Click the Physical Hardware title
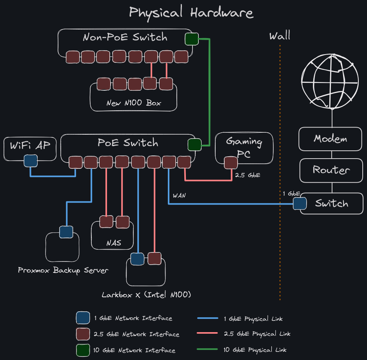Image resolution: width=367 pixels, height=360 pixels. (191, 13)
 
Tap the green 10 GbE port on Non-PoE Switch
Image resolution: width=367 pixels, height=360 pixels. (191, 39)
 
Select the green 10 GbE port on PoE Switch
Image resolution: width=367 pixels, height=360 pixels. (194, 144)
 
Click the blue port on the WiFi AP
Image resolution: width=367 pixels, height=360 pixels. (31, 161)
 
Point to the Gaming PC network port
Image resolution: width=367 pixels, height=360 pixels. (231, 163)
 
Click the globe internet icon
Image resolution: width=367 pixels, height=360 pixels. (331, 81)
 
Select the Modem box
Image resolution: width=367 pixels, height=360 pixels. (330, 139)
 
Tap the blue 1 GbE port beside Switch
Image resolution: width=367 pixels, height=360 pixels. (300, 203)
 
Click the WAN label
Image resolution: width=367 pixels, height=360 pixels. (179, 196)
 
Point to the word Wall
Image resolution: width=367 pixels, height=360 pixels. (280, 37)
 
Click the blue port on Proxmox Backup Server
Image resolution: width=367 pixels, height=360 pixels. (65, 232)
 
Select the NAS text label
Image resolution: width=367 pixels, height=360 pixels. (114, 243)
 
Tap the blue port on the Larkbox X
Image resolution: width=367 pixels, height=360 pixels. (137, 259)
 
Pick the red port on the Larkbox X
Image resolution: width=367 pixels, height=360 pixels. (154, 258)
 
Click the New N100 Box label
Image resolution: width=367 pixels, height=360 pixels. (134, 104)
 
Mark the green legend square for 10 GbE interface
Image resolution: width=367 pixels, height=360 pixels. (82, 350)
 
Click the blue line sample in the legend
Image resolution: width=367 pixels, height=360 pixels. (207, 318)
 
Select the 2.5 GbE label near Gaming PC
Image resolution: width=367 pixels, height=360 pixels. (247, 175)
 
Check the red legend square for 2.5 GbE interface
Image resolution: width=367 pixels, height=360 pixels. (82, 334)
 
